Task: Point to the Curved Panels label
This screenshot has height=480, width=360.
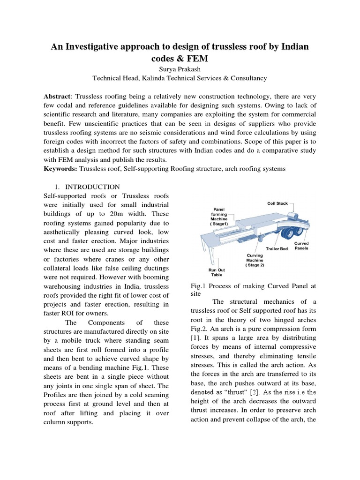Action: [301, 246]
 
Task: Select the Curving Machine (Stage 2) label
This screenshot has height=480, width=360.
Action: [255, 260]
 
